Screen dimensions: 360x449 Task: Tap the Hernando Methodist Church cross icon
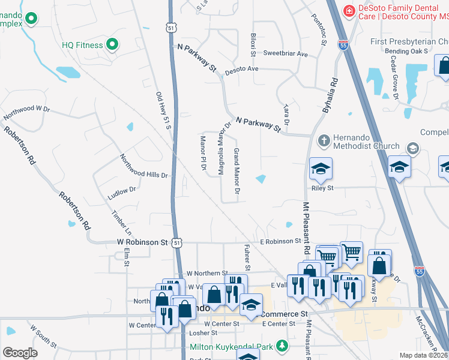[324, 140]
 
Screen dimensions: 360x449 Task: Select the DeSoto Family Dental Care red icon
[348, 11]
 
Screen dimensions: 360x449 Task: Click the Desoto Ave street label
[241, 70]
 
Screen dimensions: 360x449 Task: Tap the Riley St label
[322, 188]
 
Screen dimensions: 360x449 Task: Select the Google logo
[20, 353]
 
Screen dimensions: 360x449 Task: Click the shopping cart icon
[351, 251]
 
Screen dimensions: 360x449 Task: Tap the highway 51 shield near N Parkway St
[172, 28]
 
